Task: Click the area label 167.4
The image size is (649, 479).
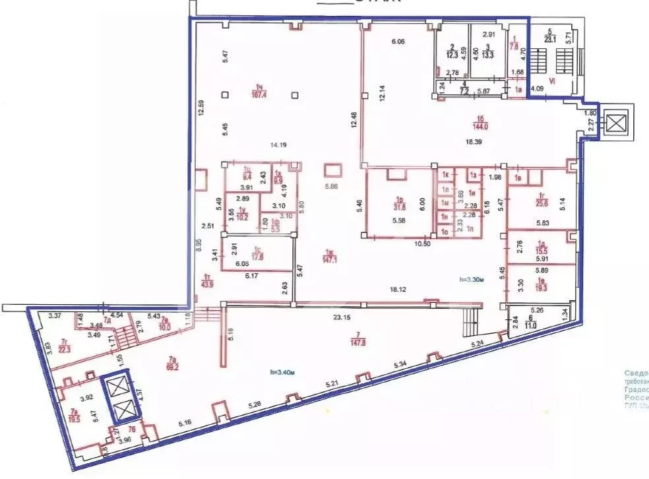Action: point(259,95)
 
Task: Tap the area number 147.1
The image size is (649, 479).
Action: point(328,260)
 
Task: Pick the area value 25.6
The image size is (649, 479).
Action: point(526,203)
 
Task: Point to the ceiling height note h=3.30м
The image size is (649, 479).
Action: point(472,280)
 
